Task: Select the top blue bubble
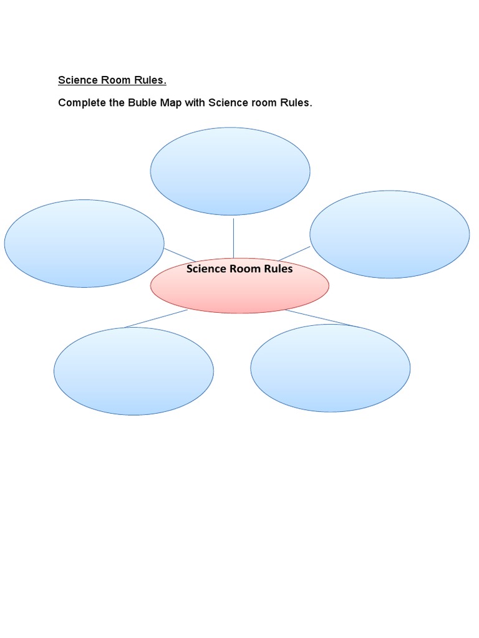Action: click(x=230, y=171)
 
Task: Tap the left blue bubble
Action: click(x=84, y=244)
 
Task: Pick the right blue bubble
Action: click(x=390, y=234)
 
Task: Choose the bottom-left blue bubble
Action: click(x=133, y=371)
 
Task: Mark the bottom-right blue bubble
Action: click(x=331, y=368)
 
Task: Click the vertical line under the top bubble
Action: click(x=233, y=237)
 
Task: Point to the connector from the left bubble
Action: click(x=180, y=255)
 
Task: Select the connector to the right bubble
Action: click(x=294, y=254)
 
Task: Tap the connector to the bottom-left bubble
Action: click(x=156, y=318)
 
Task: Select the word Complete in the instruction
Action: click(x=80, y=102)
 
